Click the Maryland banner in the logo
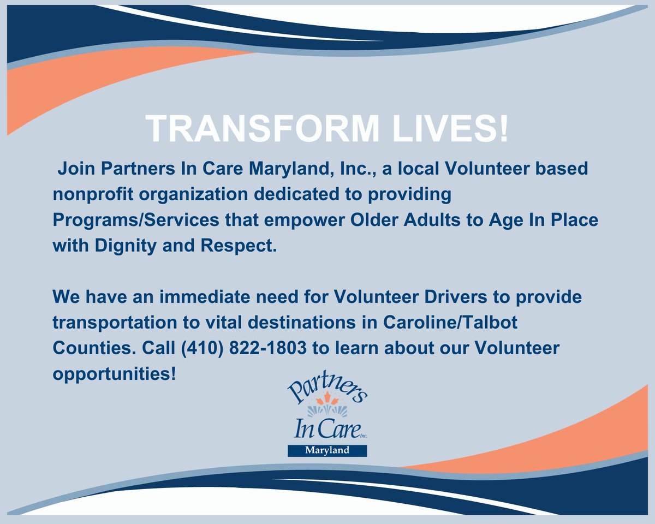(x=327, y=450)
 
